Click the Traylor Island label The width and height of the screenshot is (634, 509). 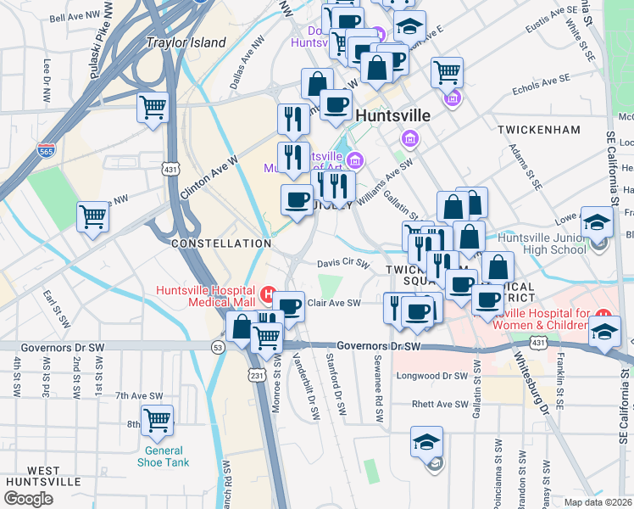tap(186, 42)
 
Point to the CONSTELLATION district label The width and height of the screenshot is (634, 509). tap(220, 243)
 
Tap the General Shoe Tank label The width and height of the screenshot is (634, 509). tap(163, 456)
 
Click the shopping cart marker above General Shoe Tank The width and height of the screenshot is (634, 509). tap(157, 419)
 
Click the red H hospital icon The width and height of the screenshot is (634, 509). tap(268, 296)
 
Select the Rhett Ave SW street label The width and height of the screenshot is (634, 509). tap(440, 405)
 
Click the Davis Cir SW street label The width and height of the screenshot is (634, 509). tap(343, 264)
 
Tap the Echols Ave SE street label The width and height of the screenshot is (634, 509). tap(541, 83)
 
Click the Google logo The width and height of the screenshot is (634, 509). tap(28, 498)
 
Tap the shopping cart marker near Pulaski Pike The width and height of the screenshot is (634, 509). tap(153, 108)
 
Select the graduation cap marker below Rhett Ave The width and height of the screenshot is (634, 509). tap(426, 442)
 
